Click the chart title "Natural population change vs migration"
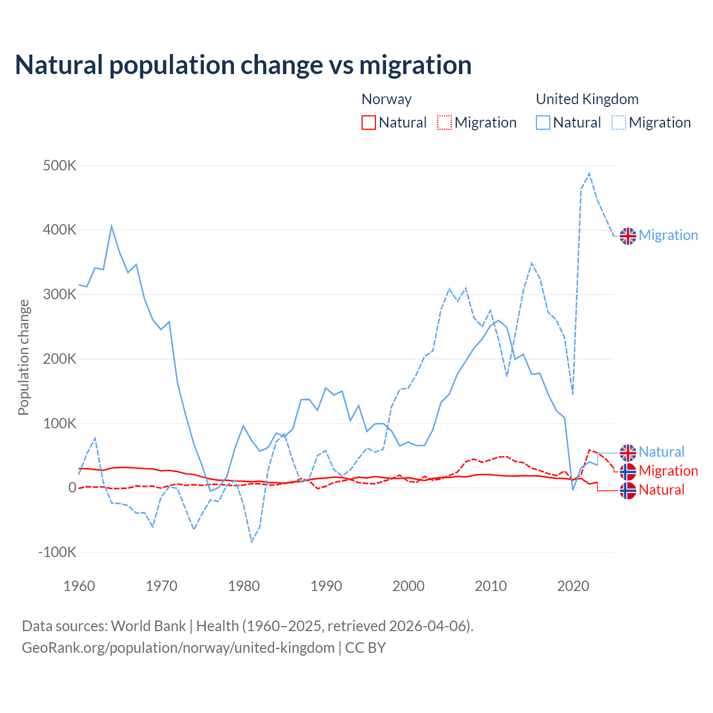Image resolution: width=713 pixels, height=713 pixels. pyautogui.click(x=243, y=65)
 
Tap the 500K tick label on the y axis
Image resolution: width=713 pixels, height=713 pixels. pyautogui.click(x=60, y=166)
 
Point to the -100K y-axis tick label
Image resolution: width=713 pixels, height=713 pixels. pyautogui.click(x=57, y=553)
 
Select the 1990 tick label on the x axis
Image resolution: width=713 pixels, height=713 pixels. pyautogui.click(x=326, y=586)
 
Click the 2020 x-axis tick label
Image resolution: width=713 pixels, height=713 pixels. pyautogui.click(x=573, y=586)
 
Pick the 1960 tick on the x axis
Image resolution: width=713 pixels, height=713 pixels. pyautogui.click(x=79, y=586)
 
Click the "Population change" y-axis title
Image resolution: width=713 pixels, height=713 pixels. pyautogui.click(x=23, y=357)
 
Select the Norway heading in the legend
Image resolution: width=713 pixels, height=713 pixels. pyautogui.click(x=387, y=99)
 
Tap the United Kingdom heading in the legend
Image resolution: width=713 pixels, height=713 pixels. pyautogui.click(x=587, y=99)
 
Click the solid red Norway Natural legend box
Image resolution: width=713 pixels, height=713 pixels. pyautogui.click(x=369, y=123)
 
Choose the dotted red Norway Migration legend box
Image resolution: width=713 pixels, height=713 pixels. pyautogui.click(x=445, y=123)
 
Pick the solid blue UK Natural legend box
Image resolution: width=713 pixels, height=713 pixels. pyautogui.click(x=543, y=123)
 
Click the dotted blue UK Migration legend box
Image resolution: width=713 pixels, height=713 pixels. pyautogui.click(x=619, y=123)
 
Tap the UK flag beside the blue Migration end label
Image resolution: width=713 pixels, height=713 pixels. pyautogui.click(x=628, y=236)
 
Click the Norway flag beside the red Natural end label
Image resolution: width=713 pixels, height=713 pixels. pyautogui.click(x=628, y=490)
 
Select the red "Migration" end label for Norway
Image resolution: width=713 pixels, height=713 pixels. pyautogui.click(x=668, y=471)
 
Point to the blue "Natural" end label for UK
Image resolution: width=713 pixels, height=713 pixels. pyautogui.click(x=662, y=452)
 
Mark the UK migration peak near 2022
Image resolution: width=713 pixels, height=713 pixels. pyautogui.click(x=589, y=174)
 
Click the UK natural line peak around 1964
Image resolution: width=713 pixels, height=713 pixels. pyautogui.click(x=111, y=226)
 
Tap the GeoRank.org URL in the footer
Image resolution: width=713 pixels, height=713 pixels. pyautogui.click(x=178, y=648)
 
